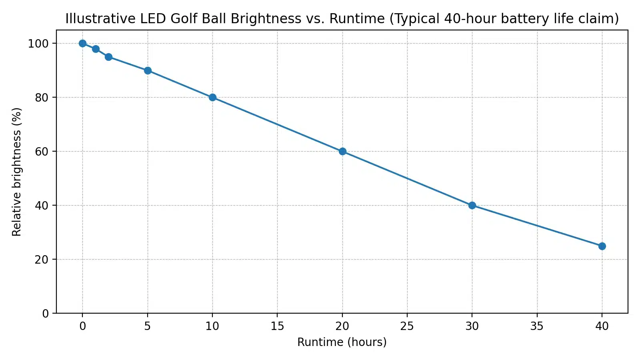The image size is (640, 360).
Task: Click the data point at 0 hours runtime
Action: click(x=82, y=43)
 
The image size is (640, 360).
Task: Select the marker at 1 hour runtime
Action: click(x=96, y=49)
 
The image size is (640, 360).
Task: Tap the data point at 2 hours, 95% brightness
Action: click(x=108, y=57)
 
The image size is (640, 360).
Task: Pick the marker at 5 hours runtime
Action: click(x=148, y=70)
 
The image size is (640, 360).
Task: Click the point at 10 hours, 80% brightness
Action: click(x=212, y=97)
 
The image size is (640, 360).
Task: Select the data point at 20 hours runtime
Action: click(x=342, y=151)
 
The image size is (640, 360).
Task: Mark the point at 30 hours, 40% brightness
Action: click(x=472, y=205)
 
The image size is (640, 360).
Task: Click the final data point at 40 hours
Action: click(x=602, y=246)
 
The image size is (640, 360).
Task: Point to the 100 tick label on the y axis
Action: click(x=38, y=44)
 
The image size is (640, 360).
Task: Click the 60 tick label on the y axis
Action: click(x=42, y=152)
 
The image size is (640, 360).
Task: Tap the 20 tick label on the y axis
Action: click(x=42, y=260)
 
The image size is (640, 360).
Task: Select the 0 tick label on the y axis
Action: click(x=45, y=314)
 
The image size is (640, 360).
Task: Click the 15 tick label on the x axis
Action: click(x=277, y=326)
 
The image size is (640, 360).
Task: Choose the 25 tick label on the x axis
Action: click(x=407, y=326)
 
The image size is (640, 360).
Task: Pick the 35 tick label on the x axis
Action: click(x=537, y=326)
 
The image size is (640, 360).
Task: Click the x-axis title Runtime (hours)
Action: click(x=342, y=342)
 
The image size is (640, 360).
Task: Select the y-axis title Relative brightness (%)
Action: click(x=17, y=172)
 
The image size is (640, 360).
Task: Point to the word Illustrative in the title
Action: click(x=100, y=19)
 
